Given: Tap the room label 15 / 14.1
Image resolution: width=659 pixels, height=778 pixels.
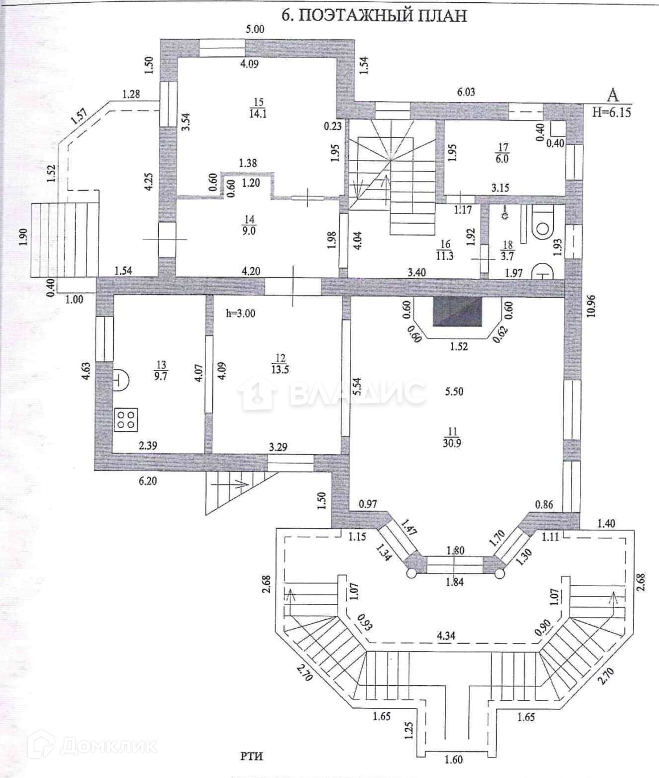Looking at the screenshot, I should click(x=258, y=108).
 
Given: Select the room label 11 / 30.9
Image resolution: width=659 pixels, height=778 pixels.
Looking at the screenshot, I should click(x=452, y=437).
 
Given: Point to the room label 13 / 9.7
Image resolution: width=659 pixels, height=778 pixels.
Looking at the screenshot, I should click(x=161, y=370).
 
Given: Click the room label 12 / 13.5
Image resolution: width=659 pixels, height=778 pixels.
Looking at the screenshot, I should click(x=279, y=363).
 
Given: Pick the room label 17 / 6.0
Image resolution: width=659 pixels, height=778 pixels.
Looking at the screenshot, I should click(x=502, y=153).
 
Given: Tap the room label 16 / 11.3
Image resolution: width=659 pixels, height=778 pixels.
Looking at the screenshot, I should click(x=444, y=250).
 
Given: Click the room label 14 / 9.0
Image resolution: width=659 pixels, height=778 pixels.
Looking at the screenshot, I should click(x=249, y=225).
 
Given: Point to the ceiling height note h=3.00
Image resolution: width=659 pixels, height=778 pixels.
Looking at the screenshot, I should click(x=240, y=313).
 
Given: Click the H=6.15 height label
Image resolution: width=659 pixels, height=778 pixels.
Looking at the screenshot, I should click(x=611, y=112).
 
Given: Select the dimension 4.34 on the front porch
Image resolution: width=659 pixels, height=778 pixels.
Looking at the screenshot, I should click(x=446, y=635).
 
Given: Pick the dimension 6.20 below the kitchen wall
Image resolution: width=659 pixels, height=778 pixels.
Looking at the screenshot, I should click(x=147, y=481).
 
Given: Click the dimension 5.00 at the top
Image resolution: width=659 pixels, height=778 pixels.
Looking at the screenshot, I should click(x=255, y=29).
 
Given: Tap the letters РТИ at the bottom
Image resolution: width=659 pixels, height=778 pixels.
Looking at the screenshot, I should click(x=251, y=756).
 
